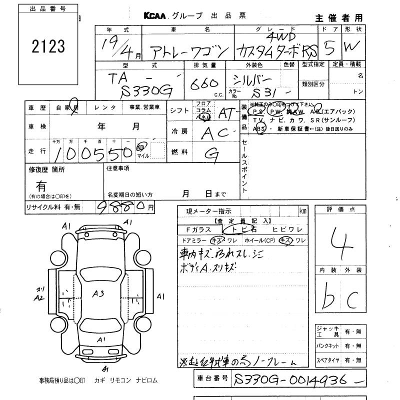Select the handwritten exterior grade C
click(x=352, y=300)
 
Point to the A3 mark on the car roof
click(x=98, y=294)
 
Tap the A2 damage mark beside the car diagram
click(x=39, y=297)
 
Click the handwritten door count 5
click(x=328, y=49)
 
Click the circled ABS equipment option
click(x=259, y=128)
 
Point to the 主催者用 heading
click(x=338, y=18)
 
